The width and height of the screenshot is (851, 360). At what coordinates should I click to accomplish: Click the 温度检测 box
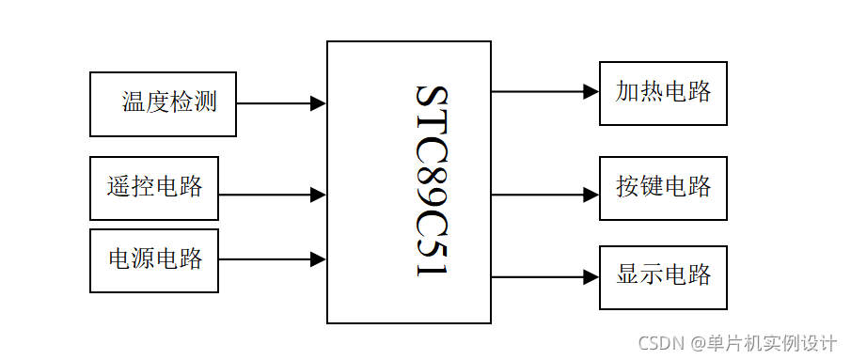pyautogui.click(x=163, y=103)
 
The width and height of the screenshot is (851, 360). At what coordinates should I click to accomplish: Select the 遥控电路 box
pyautogui.click(x=154, y=187)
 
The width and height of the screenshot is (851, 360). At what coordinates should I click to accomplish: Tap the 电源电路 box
pyautogui.click(x=154, y=259)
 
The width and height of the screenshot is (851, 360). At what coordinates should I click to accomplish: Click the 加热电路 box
pyautogui.click(x=663, y=92)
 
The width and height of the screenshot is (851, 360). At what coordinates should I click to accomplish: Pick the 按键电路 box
pyautogui.click(x=663, y=186)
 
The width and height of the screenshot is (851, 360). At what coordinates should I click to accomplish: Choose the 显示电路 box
pyautogui.click(x=663, y=276)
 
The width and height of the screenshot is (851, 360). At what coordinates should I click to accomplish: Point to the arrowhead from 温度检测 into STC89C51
pyautogui.click(x=319, y=103)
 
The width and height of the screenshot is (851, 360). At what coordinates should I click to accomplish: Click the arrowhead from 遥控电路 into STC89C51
pyautogui.click(x=319, y=195)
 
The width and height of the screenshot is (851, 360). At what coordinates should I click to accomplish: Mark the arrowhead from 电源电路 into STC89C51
pyautogui.click(x=319, y=258)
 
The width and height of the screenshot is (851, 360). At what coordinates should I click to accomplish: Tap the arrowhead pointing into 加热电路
pyautogui.click(x=591, y=91)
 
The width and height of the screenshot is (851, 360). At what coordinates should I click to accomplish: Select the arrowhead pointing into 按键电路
pyautogui.click(x=591, y=194)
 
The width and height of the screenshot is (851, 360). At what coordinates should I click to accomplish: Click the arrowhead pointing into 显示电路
pyautogui.click(x=591, y=276)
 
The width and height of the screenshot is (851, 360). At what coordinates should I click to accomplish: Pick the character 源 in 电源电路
pyautogui.click(x=143, y=259)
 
